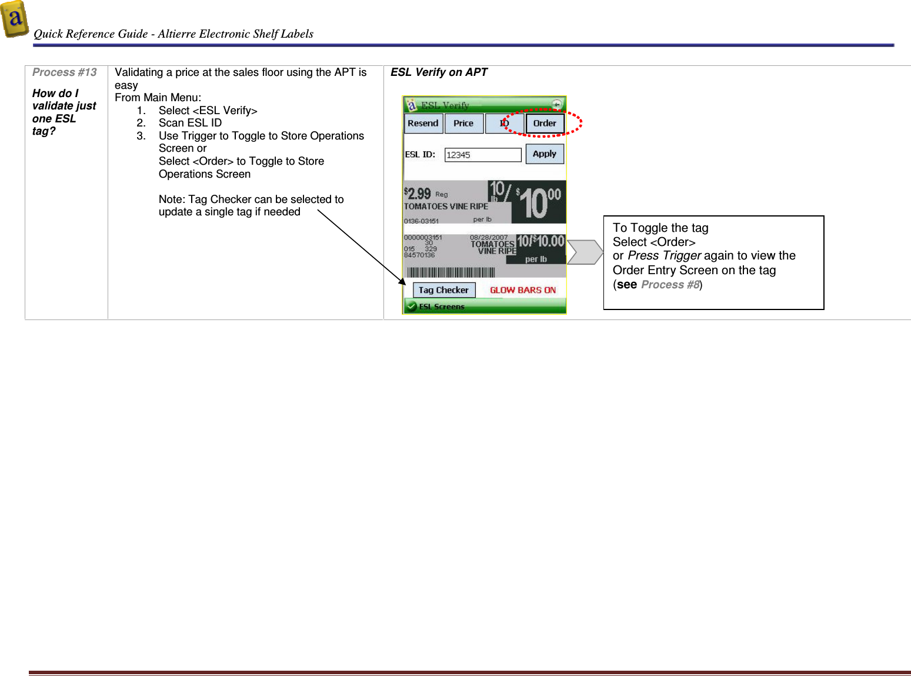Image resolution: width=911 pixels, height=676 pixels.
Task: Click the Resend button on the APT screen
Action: click(423, 124)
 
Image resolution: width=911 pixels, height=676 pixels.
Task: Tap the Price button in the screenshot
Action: click(463, 124)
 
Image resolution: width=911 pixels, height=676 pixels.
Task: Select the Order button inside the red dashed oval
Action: click(545, 124)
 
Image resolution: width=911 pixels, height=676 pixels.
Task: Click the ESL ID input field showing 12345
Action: click(482, 155)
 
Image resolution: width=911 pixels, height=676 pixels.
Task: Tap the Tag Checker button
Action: click(443, 290)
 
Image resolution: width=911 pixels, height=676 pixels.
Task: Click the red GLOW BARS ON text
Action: click(523, 290)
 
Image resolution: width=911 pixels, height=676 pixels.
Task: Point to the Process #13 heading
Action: click(64, 72)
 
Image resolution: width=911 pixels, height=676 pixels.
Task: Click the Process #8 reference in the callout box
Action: click(670, 285)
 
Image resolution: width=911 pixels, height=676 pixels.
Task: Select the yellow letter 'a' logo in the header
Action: click(15, 19)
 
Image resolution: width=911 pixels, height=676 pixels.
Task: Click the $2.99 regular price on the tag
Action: click(418, 194)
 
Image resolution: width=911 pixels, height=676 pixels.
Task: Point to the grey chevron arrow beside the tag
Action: click(585, 252)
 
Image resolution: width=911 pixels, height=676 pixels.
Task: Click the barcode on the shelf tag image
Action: click(451, 272)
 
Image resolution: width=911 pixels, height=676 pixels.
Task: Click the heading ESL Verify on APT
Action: click(439, 72)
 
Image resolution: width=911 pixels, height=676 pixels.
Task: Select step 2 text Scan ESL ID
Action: click(190, 123)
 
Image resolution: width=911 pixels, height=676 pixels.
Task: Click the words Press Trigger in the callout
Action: click(664, 256)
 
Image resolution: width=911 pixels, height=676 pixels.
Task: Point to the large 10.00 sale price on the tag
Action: click(539, 202)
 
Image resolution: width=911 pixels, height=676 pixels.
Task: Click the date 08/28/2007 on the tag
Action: click(488, 238)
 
